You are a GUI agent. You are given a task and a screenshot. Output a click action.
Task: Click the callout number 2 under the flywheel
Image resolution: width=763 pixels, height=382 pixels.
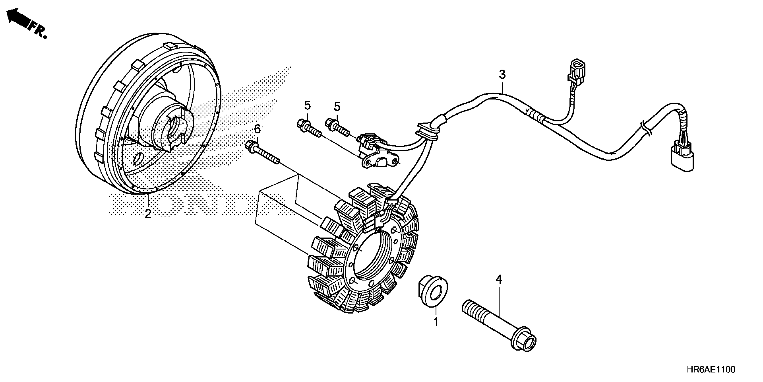tap(148, 213)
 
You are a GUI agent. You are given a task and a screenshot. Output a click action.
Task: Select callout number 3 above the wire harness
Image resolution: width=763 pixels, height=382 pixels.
tap(502, 74)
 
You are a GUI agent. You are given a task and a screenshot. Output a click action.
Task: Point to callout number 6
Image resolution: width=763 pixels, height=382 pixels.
tap(257, 129)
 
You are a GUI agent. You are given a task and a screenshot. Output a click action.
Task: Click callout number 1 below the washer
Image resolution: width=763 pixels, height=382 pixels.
tap(436, 322)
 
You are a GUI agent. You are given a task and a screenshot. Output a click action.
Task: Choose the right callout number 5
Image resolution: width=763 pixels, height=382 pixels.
tap(337, 106)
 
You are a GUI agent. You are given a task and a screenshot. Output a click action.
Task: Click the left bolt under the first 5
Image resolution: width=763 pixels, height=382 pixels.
tap(309, 128)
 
